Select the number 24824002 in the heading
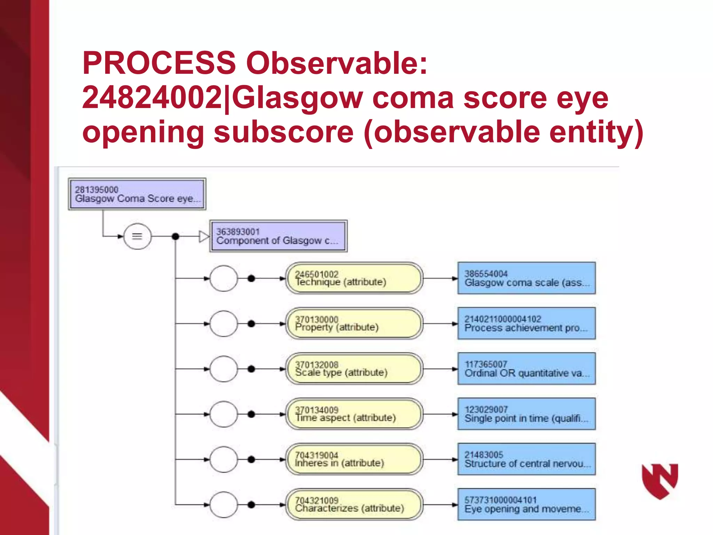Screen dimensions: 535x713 152,98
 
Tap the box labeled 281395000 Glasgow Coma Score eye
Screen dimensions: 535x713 137,194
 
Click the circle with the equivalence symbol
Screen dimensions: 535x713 137,236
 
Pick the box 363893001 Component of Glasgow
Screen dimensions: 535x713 278,236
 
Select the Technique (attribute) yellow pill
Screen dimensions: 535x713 354,278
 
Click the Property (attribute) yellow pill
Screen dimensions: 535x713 354,324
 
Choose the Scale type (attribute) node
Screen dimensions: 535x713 354,369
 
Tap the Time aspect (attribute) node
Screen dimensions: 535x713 354,414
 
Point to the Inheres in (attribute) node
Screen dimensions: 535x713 354,459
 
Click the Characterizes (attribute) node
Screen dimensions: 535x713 354,505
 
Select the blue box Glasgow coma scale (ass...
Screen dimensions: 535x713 526,278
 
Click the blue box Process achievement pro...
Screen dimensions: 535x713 526,324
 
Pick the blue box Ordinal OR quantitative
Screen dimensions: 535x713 526,369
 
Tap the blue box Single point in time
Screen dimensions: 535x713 526,414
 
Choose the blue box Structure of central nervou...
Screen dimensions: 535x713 526,459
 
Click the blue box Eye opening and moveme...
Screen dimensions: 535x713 526,505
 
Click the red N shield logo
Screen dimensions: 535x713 660,481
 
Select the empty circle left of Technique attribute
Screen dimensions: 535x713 224,278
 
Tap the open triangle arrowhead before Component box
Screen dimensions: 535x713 204,237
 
